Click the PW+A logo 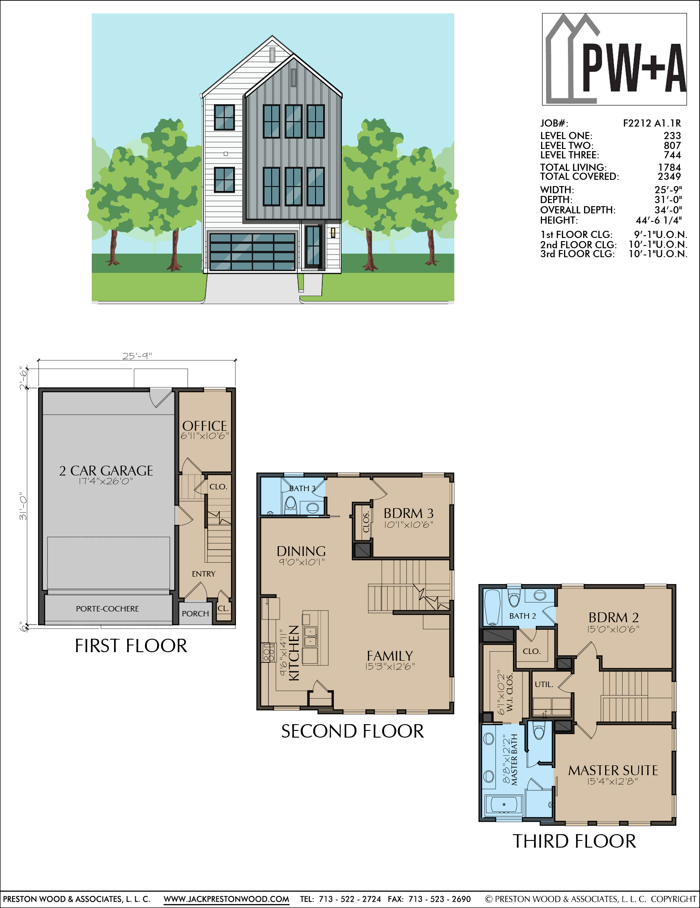click(x=614, y=59)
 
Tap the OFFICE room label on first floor click(x=205, y=426)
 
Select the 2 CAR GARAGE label click(x=106, y=471)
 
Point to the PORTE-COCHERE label click(x=107, y=609)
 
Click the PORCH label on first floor click(x=195, y=614)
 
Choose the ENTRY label click(x=204, y=574)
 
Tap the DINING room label click(x=301, y=551)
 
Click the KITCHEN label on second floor click(x=294, y=653)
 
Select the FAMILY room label click(x=390, y=656)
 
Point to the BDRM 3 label click(x=409, y=513)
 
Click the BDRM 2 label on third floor click(x=614, y=617)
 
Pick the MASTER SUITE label click(x=613, y=770)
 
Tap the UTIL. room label click(x=544, y=684)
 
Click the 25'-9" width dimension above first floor click(x=137, y=356)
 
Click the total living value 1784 click(x=670, y=167)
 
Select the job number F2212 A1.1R click(x=652, y=123)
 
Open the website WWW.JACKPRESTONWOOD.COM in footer click(x=226, y=899)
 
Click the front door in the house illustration click(x=313, y=247)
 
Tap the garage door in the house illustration click(x=252, y=251)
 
